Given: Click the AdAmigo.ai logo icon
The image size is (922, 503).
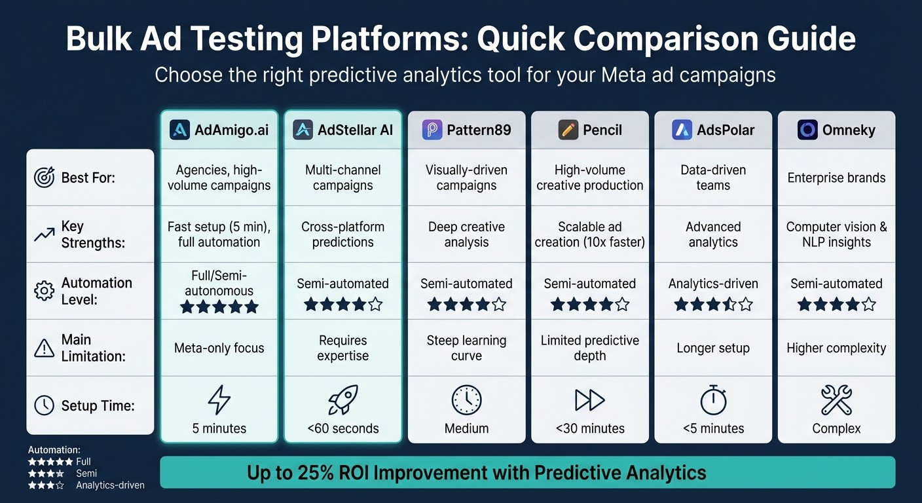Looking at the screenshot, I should click(x=179, y=130).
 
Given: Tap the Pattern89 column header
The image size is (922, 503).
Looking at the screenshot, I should click(x=466, y=130).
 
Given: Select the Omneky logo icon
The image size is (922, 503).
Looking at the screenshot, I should click(x=807, y=130).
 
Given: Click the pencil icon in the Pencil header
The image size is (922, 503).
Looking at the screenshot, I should click(x=568, y=130).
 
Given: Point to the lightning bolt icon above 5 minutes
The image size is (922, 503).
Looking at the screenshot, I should click(x=219, y=400).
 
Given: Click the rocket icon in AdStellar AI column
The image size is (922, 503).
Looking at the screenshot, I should click(x=342, y=400).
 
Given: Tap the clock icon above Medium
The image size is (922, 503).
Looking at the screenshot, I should click(x=466, y=400).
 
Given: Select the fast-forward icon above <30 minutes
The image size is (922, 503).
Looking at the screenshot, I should click(x=589, y=400).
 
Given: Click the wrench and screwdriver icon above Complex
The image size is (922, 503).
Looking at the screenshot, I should click(x=836, y=400).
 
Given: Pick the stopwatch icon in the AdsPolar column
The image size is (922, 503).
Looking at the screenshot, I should click(x=713, y=400).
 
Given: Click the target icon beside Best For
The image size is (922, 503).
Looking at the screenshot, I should click(x=44, y=177).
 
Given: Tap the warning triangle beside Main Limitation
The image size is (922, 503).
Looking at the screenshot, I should click(x=44, y=348).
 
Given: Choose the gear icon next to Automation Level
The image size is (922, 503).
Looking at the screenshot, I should click(x=44, y=291).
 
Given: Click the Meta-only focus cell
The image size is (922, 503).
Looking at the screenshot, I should click(x=219, y=348).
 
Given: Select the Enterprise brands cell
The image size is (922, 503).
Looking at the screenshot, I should click(x=836, y=177).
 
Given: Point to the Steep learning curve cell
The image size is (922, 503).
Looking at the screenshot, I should click(x=466, y=348).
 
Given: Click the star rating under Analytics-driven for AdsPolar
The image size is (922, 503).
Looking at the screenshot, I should click(x=713, y=305).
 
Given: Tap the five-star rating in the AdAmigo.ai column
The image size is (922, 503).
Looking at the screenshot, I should click(x=219, y=307).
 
